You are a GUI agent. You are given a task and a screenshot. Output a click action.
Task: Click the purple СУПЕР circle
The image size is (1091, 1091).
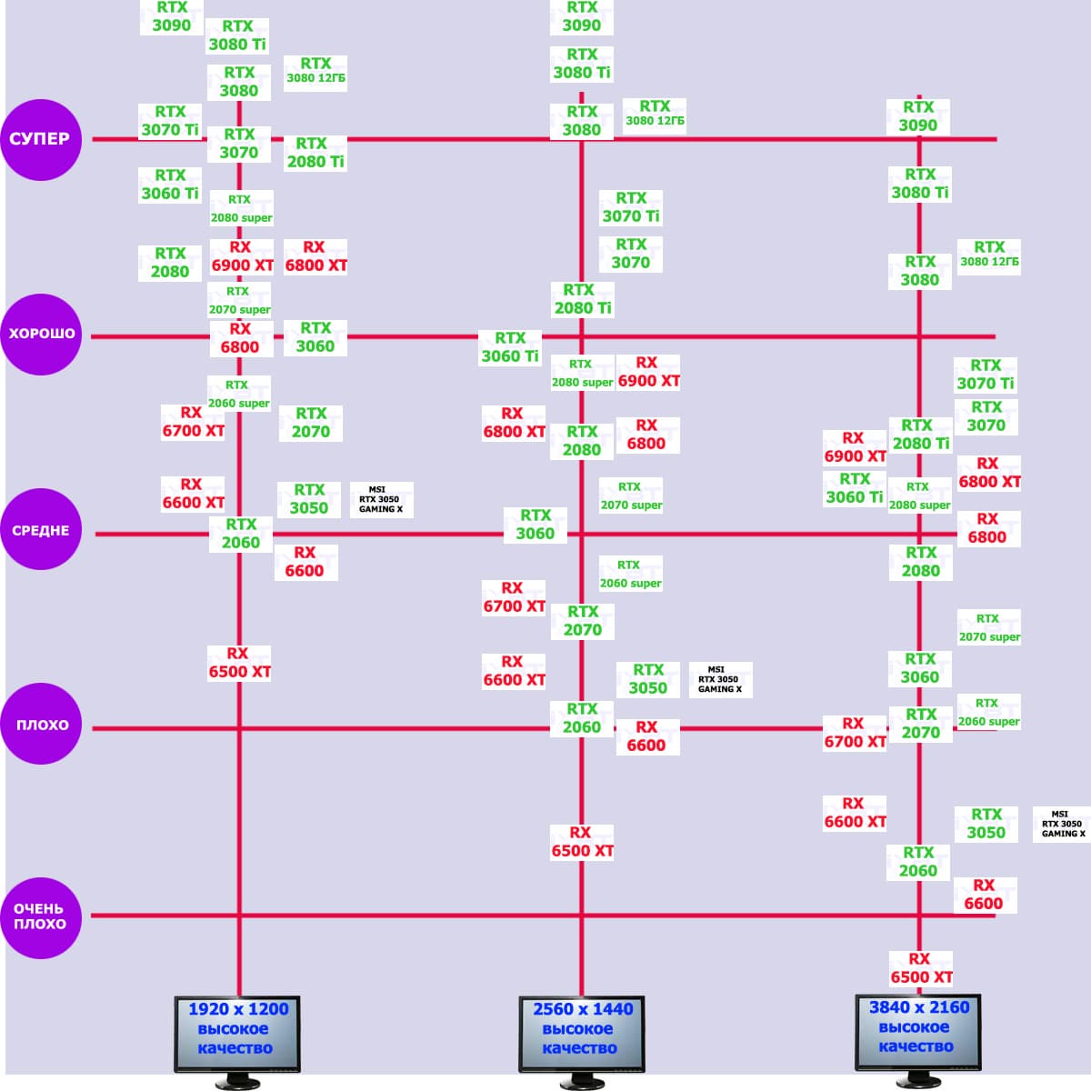pyautogui.click(x=41, y=139)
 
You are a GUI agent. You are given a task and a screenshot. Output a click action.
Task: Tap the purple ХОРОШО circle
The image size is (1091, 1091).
pyautogui.click(x=41, y=335)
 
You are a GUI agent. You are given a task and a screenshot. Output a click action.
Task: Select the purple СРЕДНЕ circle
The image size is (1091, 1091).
pyautogui.click(x=41, y=531)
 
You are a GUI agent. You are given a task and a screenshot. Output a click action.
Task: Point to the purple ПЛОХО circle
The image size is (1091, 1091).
pyautogui.click(x=41, y=725)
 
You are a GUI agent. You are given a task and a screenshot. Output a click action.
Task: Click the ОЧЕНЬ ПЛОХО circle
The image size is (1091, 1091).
pyautogui.click(x=41, y=916)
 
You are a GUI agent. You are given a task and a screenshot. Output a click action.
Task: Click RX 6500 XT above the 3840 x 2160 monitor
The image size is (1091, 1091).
pyautogui.click(x=921, y=968)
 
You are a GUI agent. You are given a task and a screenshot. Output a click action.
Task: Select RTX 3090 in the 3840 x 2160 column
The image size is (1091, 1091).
pyautogui.click(x=918, y=116)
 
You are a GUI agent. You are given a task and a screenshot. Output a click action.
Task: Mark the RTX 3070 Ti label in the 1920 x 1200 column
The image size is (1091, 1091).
pyautogui.click(x=170, y=121)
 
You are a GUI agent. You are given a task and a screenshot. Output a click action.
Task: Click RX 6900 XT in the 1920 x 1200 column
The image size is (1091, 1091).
pyautogui.click(x=242, y=256)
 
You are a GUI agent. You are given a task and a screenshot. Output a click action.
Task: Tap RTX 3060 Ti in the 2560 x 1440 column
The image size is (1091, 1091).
pyautogui.click(x=510, y=347)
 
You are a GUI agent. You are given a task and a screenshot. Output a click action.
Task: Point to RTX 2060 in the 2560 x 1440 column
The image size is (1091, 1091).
pyautogui.click(x=582, y=718)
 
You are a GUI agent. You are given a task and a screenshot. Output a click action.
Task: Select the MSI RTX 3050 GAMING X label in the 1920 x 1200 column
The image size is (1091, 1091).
pyautogui.click(x=381, y=500)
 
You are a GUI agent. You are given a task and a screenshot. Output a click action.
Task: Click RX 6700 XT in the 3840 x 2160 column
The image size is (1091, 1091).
pyautogui.click(x=855, y=733)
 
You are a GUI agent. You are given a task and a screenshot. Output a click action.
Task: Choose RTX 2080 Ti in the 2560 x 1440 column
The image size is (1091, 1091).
pyautogui.click(x=583, y=299)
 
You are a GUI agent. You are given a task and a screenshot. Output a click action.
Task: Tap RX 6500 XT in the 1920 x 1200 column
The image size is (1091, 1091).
pyautogui.click(x=239, y=663)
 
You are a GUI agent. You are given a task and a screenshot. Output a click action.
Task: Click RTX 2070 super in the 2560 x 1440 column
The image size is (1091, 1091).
pyautogui.click(x=631, y=496)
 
